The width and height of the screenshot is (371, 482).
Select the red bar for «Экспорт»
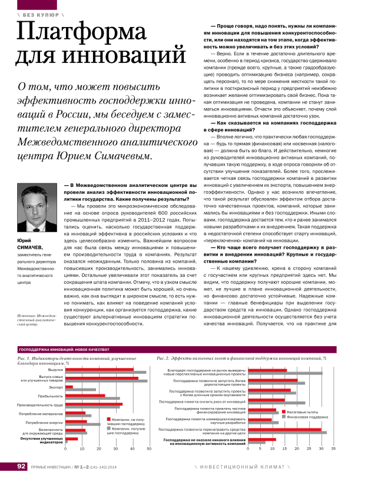[69, 387]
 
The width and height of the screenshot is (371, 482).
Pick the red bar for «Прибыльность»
[85, 396]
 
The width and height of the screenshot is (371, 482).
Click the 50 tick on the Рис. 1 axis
[149, 449]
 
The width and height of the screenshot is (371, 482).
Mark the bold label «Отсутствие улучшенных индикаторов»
[41, 440]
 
